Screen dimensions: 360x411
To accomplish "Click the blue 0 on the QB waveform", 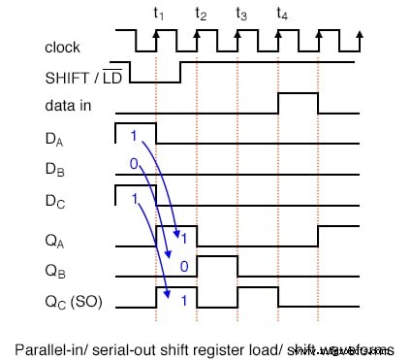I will (182, 264).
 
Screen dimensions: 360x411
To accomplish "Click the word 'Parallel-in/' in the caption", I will (79, 348).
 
